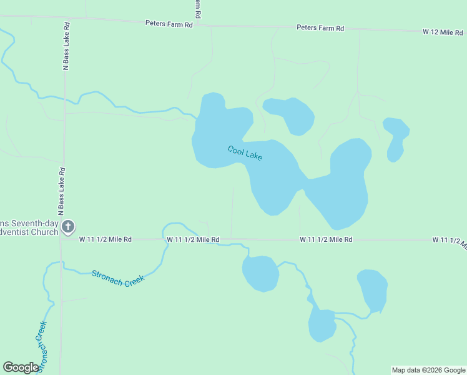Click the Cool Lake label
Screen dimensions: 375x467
coord(245,153)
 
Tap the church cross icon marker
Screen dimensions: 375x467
coord(69,227)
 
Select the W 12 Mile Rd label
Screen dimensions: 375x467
coord(442,31)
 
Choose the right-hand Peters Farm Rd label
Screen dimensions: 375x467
coord(320,28)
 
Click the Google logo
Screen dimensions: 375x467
coord(21,367)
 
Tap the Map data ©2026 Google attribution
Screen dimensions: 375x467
coord(428,370)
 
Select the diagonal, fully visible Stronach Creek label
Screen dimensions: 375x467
coord(118,277)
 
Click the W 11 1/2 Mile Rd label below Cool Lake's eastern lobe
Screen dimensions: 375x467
coord(326,239)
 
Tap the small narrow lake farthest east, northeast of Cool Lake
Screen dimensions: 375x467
coord(396,137)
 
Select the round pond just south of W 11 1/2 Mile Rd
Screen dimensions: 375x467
coord(260,273)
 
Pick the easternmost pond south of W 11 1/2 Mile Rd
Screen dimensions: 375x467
coord(372,289)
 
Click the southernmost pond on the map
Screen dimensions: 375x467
coord(322,325)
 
